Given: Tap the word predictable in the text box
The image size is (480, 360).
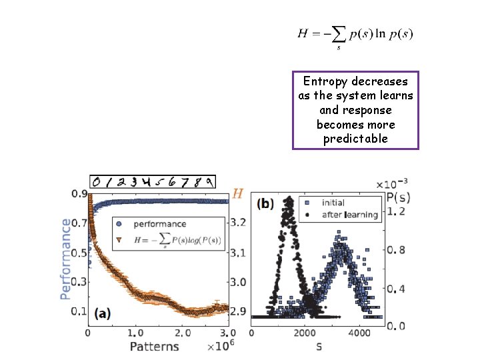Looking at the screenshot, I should click(x=355, y=139).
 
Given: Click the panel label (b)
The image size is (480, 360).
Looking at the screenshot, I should click(x=267, y=203).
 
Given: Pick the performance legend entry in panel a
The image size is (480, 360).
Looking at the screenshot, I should click(x=159, y=224).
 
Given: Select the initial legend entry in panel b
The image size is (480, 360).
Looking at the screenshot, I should click(x=332, y=202).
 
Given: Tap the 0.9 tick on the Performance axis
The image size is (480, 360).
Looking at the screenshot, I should click(x=79, y=194).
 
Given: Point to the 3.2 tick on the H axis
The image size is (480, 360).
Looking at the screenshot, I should click(x=239, y=222).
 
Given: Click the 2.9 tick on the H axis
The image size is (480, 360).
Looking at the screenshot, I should click(x=239, y=311).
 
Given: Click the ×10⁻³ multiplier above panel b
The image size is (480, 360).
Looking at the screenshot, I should click(x=391, y=184).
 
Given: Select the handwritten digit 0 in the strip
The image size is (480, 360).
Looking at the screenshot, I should click(x=97, y=181).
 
